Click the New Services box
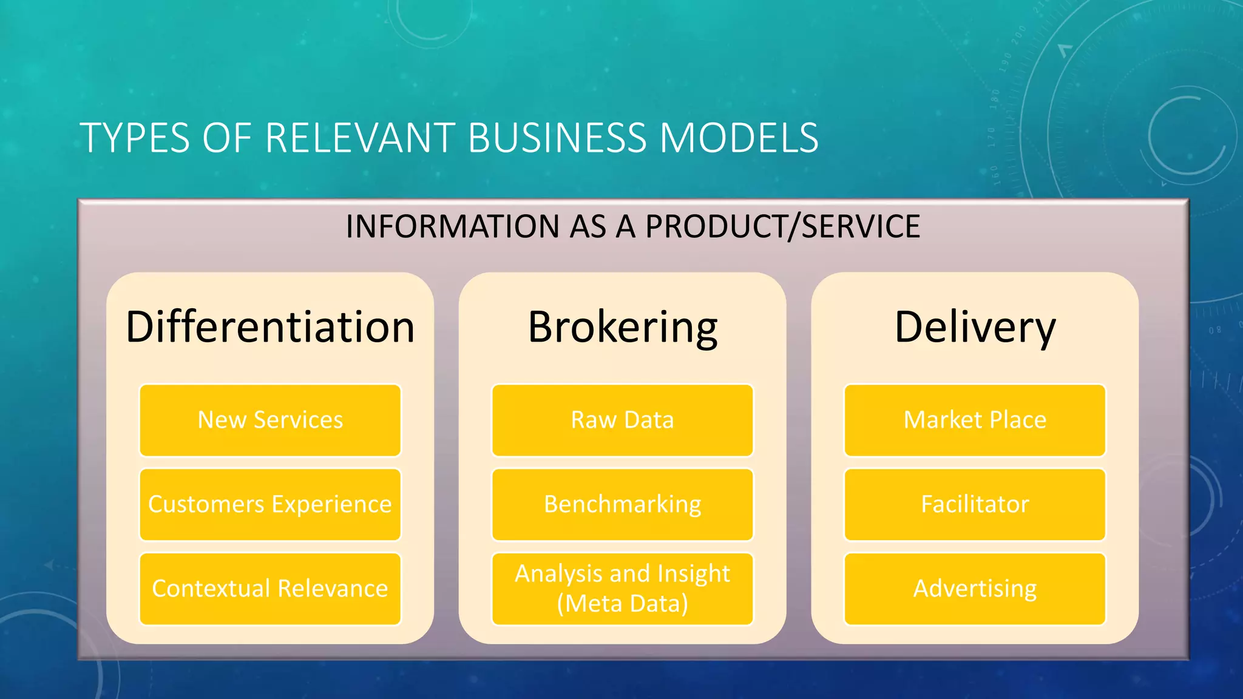coord(270,420)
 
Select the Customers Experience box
coord(270,504)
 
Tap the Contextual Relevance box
coord(270,589)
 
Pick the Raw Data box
coord(622,420)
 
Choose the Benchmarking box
coord(622,504)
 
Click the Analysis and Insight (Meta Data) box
coord(622,589)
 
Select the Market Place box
coord(975,420)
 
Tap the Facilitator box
coord(975,504)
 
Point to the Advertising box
coord(975,589)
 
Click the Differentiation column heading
coord(270,327)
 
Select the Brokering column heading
coord(622,327)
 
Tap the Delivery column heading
coord(975,327)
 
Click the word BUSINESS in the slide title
coord(557,138)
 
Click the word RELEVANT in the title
coord(361,138)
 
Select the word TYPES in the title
coord(135,138)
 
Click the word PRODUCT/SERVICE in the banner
coord(782,226)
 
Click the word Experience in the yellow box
coord(331,504)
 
